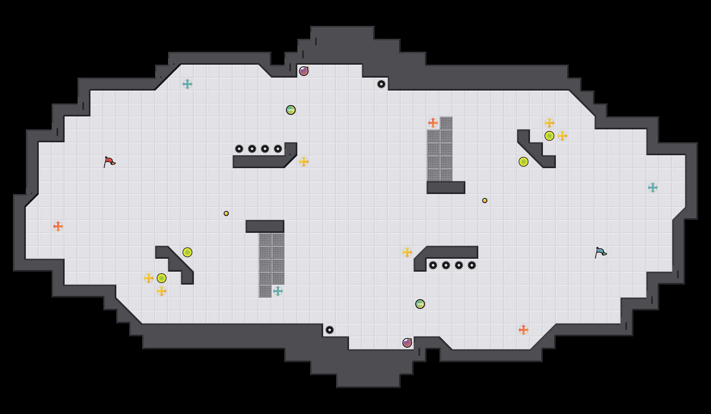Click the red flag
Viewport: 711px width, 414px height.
tap(109, 162)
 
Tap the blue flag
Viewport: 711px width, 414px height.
tap(600, 252)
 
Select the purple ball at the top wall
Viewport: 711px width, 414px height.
tap(303, 71)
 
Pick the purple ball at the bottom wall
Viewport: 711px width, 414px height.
tap(407, 343)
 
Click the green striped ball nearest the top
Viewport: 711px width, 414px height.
tap(291, 110)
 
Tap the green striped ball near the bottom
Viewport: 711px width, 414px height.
tap(420, 304)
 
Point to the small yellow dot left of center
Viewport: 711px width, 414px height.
tap(226, 213)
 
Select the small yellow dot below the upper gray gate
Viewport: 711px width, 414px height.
tap(485, 201)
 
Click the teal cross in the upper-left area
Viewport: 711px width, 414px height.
tap(187, 84)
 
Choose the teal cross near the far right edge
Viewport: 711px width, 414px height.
tap(653, 188)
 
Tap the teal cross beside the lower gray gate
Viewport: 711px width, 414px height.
tap(278, 291)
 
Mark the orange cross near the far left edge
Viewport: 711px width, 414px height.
tap(58, 226)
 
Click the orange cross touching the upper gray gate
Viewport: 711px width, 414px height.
tap(433, 123)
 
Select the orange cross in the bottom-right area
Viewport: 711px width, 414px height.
tap(524, 330)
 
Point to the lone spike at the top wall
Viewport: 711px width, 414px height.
tap(381, 84)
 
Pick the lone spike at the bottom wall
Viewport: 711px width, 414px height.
tap(330, 330)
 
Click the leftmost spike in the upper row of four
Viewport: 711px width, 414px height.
tap(239, 149)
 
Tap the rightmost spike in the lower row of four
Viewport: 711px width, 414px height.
tap(472, 265)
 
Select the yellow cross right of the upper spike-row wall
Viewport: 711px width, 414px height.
tap(304, 162)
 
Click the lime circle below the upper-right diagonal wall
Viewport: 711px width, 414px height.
tap(524, 162)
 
